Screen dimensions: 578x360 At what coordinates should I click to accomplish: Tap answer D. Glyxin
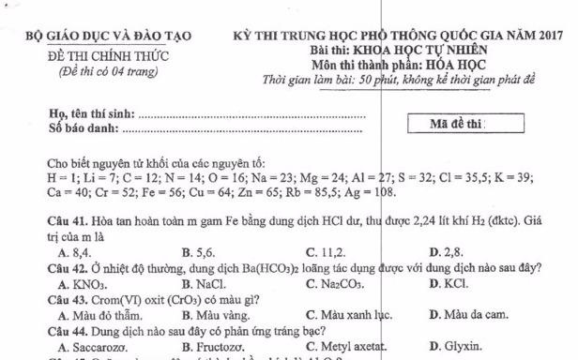(454, 343)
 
